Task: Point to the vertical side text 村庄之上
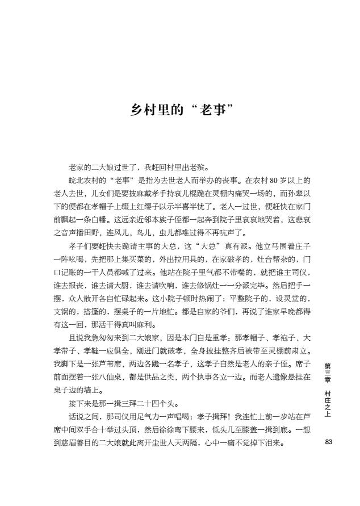(x=328, y=404)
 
